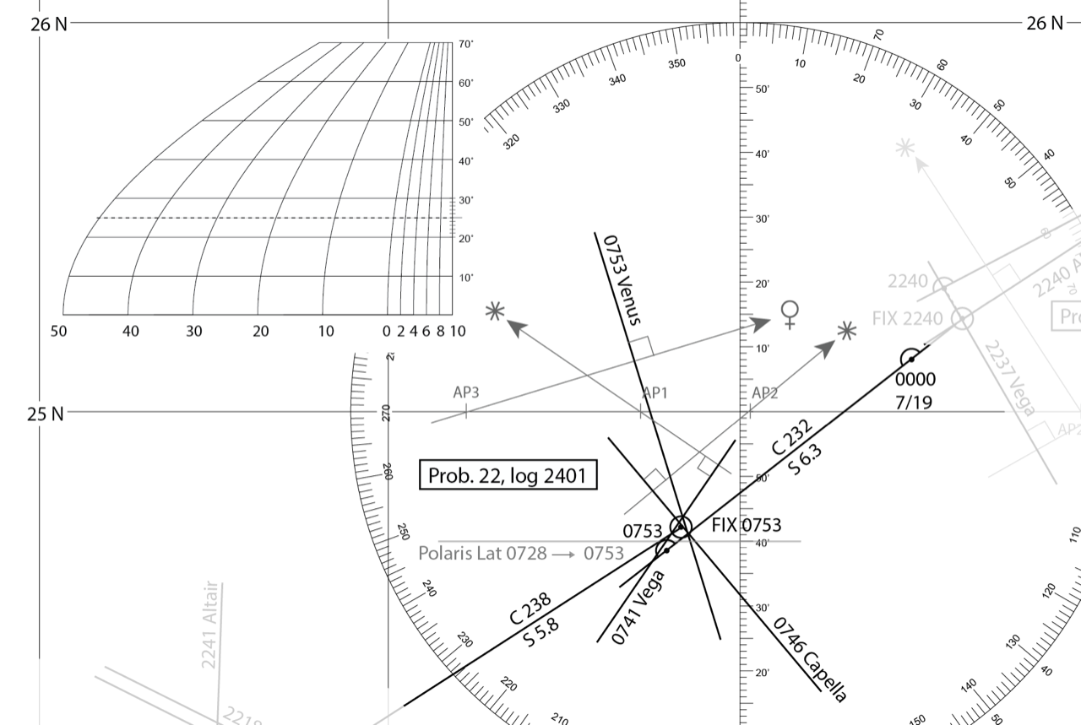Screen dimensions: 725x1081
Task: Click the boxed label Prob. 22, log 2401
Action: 507,475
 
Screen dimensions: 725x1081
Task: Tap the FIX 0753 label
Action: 747,525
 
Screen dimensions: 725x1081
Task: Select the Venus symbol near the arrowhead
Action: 790,314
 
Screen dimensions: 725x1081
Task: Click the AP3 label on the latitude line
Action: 466,392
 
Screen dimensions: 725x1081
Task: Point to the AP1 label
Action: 655,392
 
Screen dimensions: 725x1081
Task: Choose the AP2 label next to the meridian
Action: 765,392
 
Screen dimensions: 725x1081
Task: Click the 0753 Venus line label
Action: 622,279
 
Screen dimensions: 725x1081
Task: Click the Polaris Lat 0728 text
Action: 482,554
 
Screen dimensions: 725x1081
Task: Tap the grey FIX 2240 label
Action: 907,319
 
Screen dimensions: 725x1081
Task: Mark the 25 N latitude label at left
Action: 46,414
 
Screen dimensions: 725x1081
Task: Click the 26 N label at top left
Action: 48,24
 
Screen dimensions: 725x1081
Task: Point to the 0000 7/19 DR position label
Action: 915,391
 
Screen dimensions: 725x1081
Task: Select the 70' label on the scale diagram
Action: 466,44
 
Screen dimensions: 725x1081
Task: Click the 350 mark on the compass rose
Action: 676,64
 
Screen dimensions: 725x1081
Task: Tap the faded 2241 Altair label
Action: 209,625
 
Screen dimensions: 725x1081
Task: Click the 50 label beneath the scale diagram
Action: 58,331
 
